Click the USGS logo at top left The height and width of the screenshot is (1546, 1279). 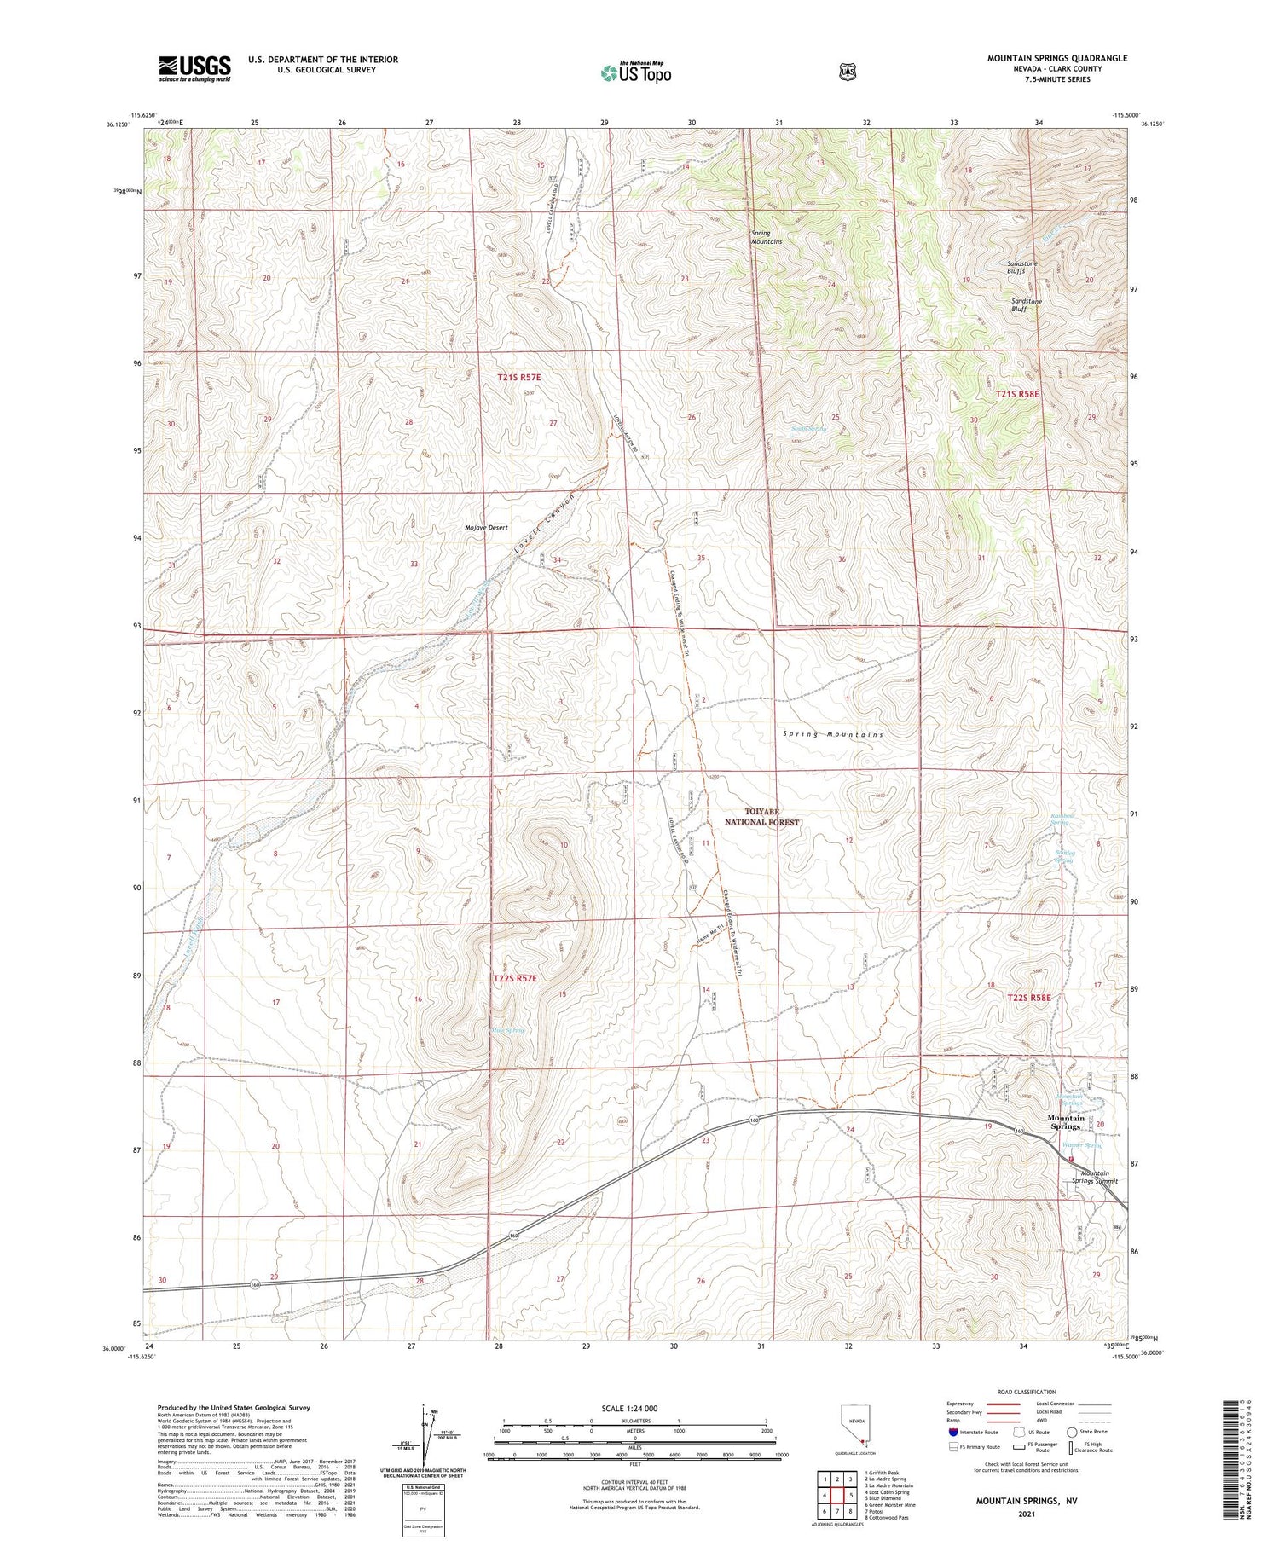194,68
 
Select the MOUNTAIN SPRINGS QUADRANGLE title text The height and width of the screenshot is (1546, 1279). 1056,58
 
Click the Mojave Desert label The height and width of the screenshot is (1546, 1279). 486,528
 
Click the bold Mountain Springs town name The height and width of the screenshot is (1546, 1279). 1065,1122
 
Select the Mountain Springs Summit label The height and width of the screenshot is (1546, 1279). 1094,1177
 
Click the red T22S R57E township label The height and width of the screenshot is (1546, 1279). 516,978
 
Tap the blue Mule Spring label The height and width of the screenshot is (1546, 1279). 506,1030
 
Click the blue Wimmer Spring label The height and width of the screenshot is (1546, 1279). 1082,1145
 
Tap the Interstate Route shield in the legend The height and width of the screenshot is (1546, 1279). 953,1433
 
